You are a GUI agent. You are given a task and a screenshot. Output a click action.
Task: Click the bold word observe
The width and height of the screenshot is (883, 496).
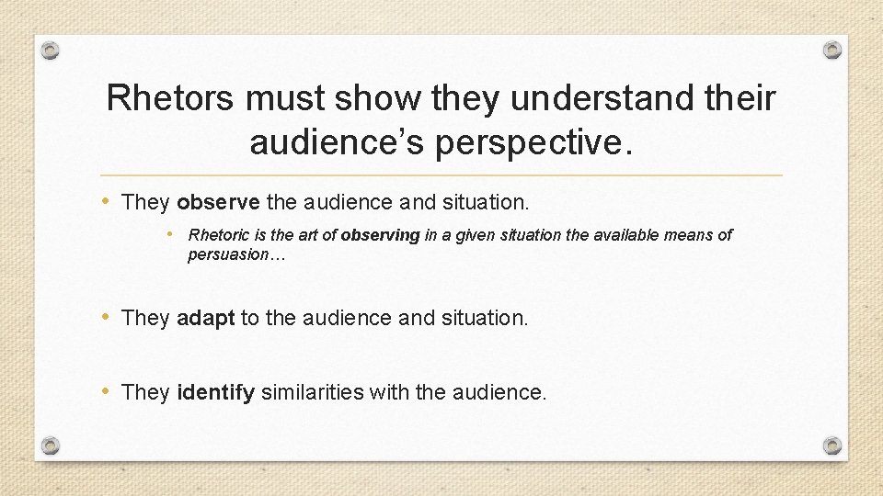click(x=218, y=202)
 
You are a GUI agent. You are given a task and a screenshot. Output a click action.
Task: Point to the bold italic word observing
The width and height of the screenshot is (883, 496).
click(x=380, y=235)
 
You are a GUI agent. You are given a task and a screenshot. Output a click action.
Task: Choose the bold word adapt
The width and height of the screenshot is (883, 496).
click(x=206, y=318)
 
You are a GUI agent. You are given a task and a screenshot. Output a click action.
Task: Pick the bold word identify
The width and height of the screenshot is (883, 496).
click(x=215, y=393)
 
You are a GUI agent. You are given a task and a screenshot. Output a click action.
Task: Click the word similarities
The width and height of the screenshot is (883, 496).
click(x=313, y=393)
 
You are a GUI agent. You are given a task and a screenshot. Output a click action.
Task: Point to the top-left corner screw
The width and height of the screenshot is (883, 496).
click(x=52, y=49)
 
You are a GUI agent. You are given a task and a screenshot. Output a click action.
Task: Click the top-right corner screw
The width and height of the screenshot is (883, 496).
click(x=831, y=49)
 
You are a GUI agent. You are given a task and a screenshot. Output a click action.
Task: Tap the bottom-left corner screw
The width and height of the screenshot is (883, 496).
click(x=52, y=445)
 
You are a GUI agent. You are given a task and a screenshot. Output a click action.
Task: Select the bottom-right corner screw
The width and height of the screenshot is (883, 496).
click(x=831, y=445)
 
